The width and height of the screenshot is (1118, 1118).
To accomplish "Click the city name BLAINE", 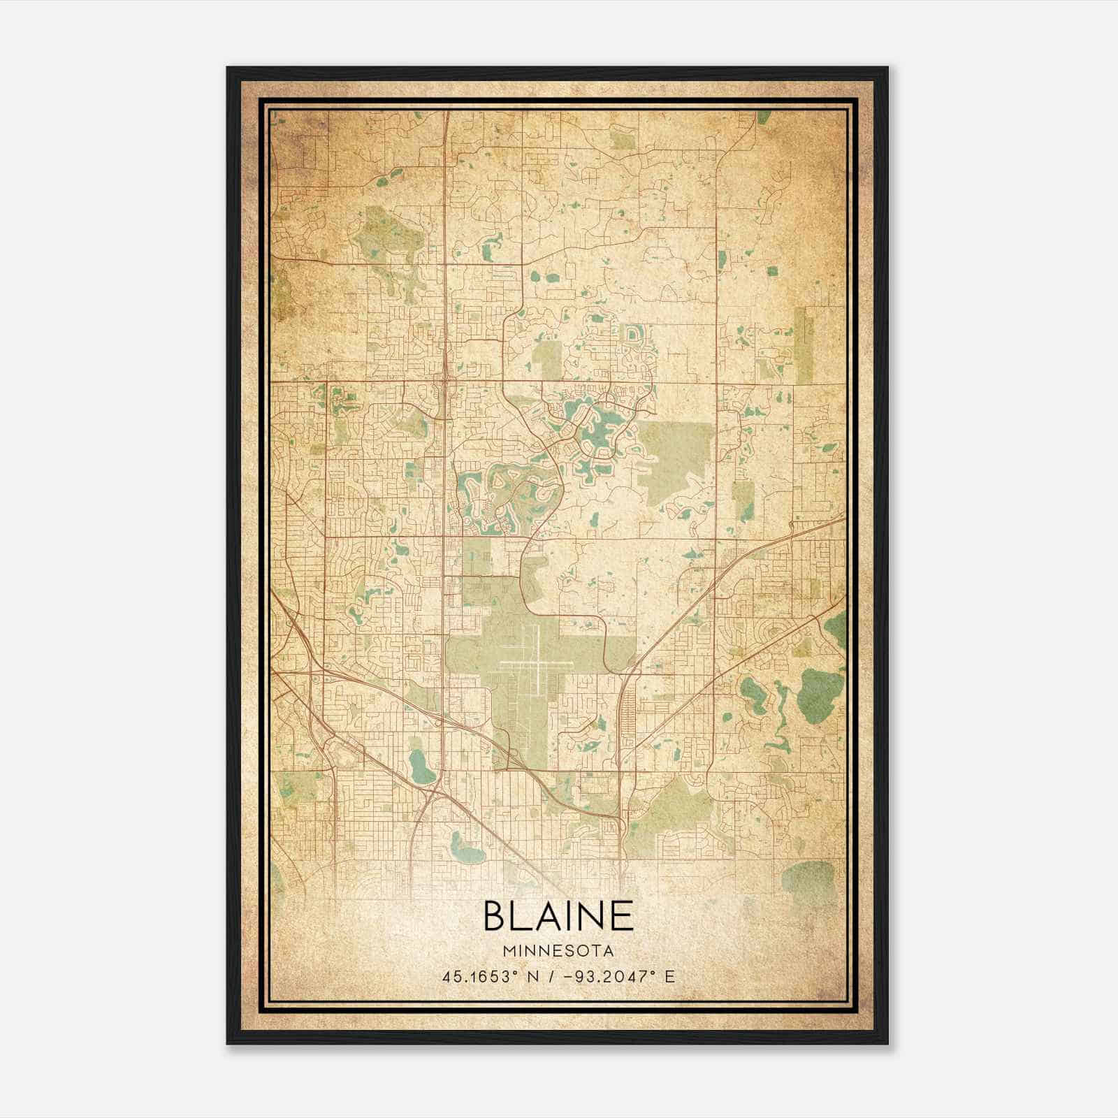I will (x=558, y=916).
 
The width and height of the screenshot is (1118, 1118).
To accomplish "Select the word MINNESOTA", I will (x=558, y=951).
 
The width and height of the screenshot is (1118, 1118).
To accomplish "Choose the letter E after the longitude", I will (x=670, y=976).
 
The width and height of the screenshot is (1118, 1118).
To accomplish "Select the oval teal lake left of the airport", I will (x=420, y=766).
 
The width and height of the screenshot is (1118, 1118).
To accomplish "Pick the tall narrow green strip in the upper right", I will (x=805, y=345).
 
